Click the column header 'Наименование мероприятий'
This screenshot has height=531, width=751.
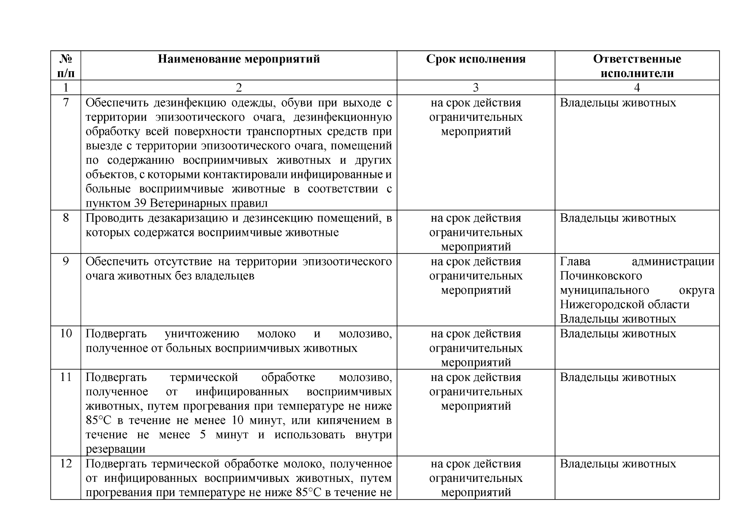[239, 59]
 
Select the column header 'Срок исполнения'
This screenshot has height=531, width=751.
[476, 59]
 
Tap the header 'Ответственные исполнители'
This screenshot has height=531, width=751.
[637, 66]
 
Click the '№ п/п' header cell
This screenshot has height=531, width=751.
[65, 65]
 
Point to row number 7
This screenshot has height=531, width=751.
[65, 103]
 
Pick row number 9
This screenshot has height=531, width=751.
[65, 261]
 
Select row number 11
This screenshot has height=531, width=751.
[65, 377]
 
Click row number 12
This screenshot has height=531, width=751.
[65, 464]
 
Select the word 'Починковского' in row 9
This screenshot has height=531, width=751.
[601, 276]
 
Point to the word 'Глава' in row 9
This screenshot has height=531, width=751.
[575, 262]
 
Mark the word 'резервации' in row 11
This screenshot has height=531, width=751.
[116, 449]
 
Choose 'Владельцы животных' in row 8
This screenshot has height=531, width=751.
[618, 218]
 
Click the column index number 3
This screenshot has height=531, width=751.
[476, 88]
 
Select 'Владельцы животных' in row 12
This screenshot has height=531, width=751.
[618, 464]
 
